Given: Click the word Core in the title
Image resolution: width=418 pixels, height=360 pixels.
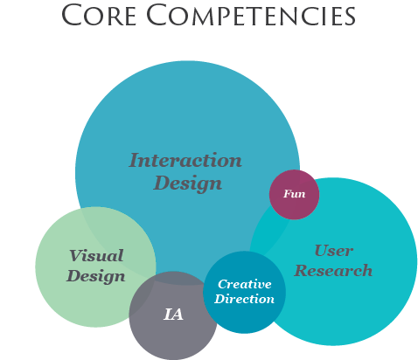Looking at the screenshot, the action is pyautogui.click(x=99, y=15).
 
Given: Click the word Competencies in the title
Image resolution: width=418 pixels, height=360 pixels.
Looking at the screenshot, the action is pyautogui.click(x=250, y=15).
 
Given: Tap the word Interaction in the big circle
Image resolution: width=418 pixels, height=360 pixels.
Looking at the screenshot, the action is pyautogui.click(x=185, y=160).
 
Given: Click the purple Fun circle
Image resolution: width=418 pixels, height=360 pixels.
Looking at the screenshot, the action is pyautogui.click(x=294, y=195).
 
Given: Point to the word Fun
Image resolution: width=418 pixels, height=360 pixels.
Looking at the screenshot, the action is pyautogui.click(x=295, y=194).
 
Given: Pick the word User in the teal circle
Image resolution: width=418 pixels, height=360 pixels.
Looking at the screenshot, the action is pyautogui.click(x=334, y=251).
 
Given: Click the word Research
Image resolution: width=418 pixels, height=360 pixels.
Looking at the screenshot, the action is pyautogui.click(x=333, y=271).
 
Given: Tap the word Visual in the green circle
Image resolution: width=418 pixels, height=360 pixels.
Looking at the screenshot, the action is pyautogui.click(x=96, y=256).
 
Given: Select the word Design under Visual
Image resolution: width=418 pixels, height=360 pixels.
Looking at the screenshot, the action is pyautogui.click(x=96, y=276).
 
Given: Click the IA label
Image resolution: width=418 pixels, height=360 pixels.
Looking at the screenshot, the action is pyautogui.click(x=173, y=315).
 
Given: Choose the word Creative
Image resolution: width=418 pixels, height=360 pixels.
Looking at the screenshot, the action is pyautogui.click(x=245, y=284).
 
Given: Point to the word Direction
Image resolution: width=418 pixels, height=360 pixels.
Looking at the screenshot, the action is pyautogui.click(x=244, y=299).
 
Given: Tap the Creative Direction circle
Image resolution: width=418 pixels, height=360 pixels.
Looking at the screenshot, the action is pyautogui.click(x=244, y=292).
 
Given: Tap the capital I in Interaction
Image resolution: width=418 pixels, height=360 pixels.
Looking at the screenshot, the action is pyautogui.click(x=134, y=160).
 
